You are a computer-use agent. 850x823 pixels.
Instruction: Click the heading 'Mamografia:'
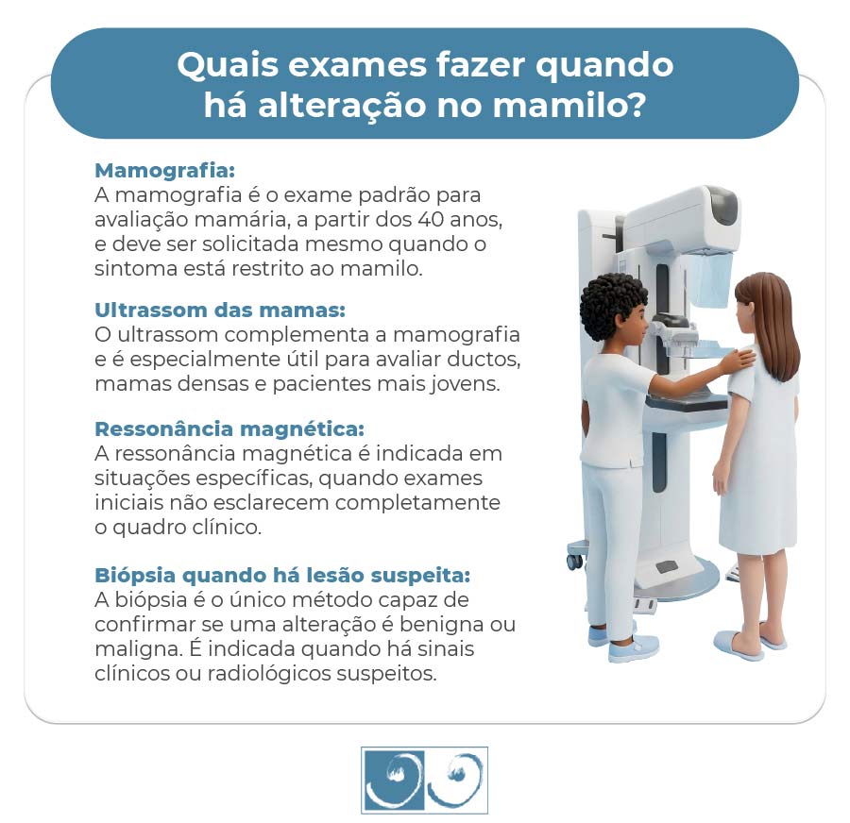point(164,172)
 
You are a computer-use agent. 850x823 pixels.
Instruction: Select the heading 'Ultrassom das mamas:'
point(220,311)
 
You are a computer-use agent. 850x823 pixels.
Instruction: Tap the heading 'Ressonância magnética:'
point(229,429)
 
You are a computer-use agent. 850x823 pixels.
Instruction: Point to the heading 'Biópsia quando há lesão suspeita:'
point(282,575)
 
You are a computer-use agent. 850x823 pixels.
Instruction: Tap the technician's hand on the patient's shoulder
point(737,359)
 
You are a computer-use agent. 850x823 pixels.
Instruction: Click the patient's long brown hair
point(770,321)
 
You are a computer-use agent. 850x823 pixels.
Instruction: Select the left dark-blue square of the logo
point(393,780)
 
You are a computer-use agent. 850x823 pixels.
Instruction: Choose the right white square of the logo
point(456,780)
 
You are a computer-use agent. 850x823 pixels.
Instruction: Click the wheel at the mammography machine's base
point(574,561)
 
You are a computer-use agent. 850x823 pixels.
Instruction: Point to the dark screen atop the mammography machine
point(723,205)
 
